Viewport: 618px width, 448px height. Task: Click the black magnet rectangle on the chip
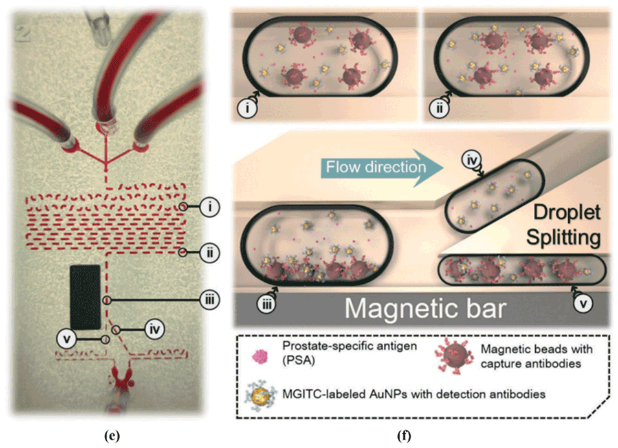click(85, 296)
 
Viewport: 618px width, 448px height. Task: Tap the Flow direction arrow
click(379, 167)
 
